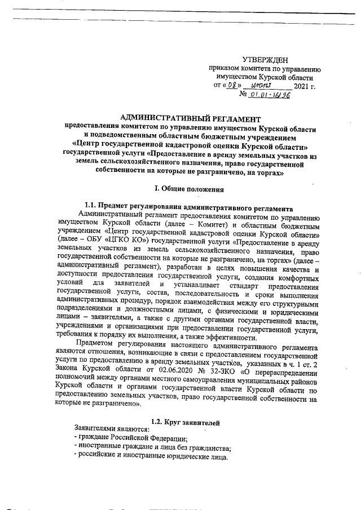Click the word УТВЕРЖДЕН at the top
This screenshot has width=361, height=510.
pyautogui.click(x=265, y=59)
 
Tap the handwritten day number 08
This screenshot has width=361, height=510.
pyautogui.click(x=232, y=86)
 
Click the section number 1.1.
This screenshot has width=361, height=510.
pyautogui.click(x=91, y=207)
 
